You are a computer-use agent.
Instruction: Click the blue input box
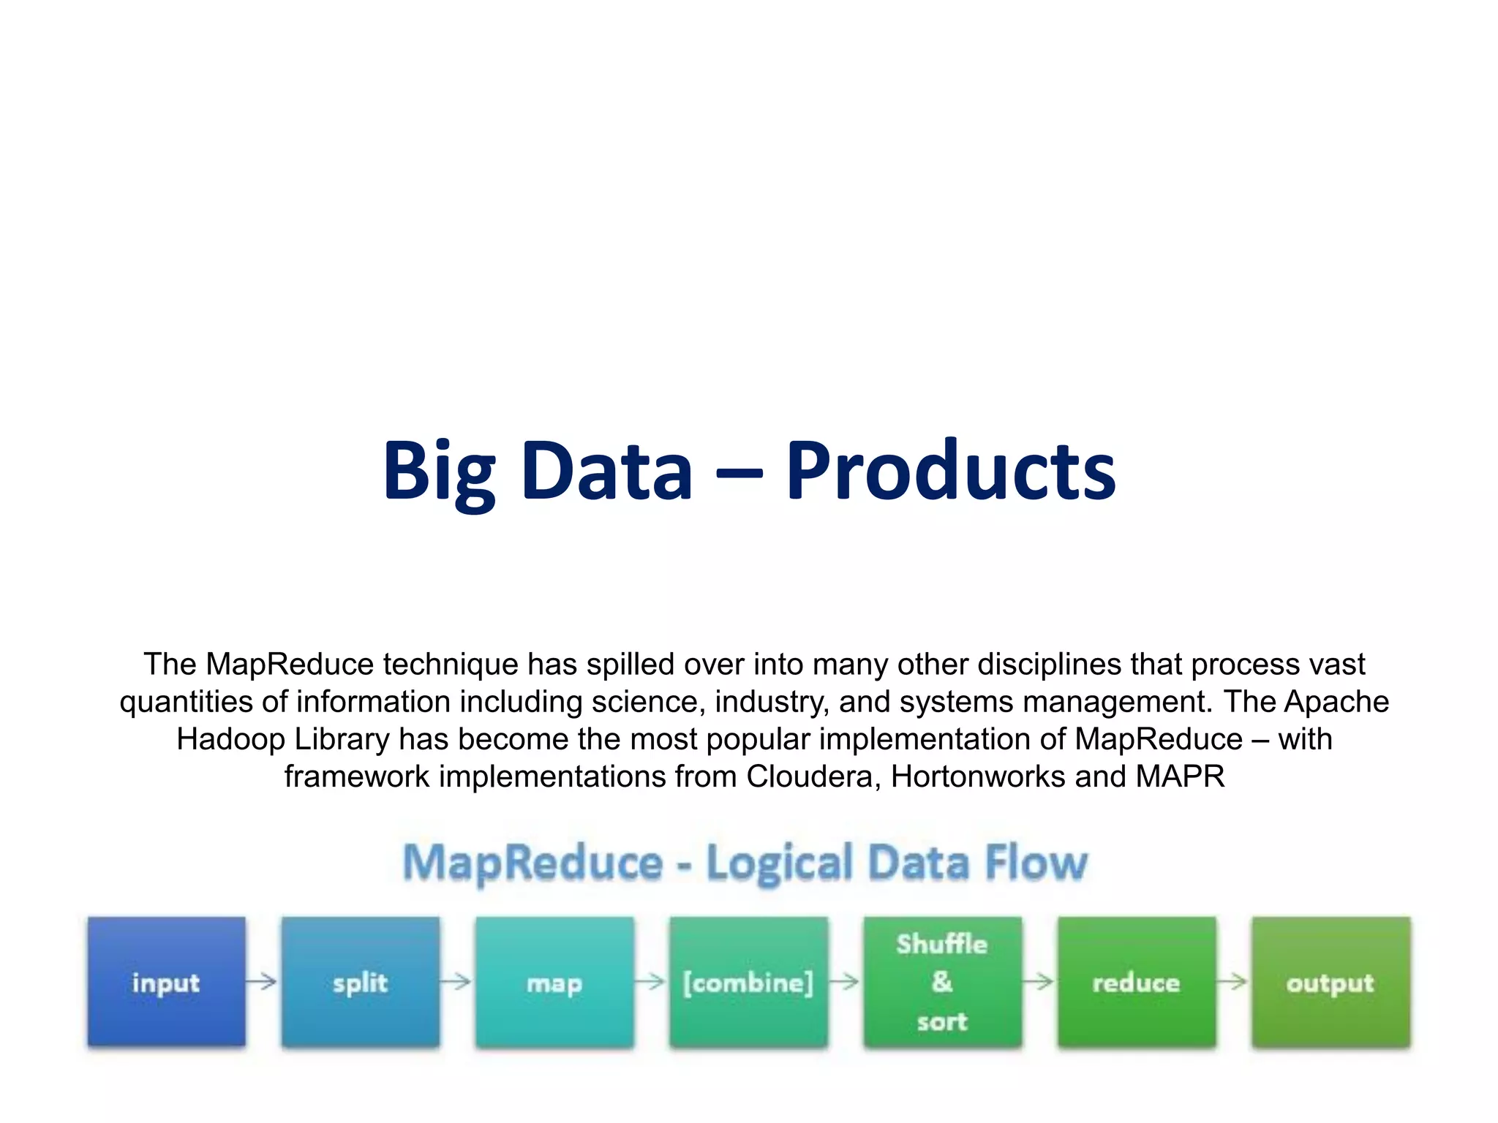click(166, 981)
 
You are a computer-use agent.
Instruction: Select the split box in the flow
click(360, 981)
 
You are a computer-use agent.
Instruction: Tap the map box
click(554, 981)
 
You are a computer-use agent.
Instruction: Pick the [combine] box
click(748, 981)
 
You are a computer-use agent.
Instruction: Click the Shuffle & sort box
click(942, 981)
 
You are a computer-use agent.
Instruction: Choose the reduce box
click(1136, 981)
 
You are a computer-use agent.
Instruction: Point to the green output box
click(1330, 981)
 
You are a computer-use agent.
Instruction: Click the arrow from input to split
click(262, 981)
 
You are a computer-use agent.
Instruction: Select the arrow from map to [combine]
click(650, 981)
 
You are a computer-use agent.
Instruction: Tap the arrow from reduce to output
click(1232, 981)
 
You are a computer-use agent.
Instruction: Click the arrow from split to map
click(456, 981)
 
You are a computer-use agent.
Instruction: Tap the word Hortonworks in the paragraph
click(978, 776)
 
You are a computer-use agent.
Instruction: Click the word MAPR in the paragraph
click(1180, 776)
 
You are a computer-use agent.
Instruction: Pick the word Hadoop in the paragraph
click(230, 739)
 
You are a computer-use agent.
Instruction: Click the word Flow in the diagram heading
click(1036, 863)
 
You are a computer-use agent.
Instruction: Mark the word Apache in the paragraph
click(1336, 702)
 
